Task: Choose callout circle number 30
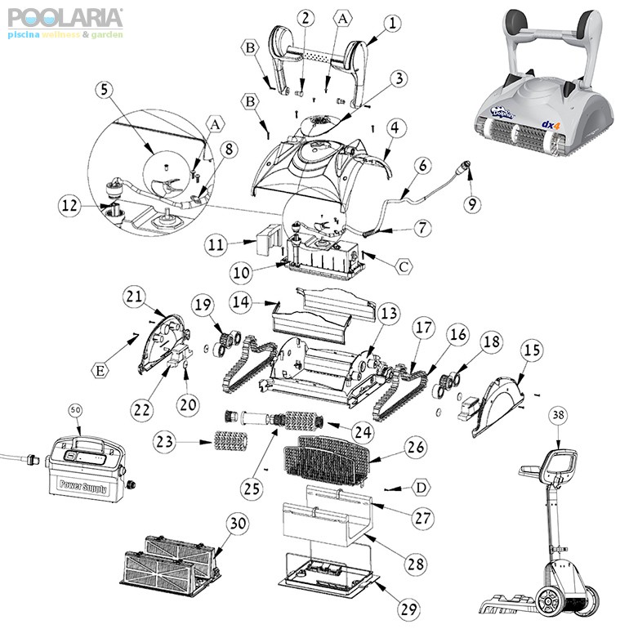[238, 523]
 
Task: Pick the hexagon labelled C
[403, 265]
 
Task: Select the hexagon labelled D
[421, 488]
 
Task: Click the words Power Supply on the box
[81, 484]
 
